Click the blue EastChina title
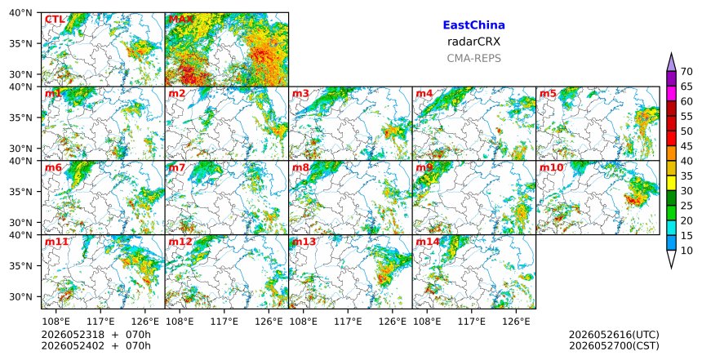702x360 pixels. (x=473, y=25)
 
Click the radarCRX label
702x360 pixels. (x=473, y=42)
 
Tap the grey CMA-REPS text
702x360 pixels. (x=473, y=58)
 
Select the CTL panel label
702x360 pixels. (x=55, y=20)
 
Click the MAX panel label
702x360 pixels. (x=181, y=20)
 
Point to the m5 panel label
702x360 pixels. (x=548, y=93)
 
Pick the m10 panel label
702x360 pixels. (x=551, y=167)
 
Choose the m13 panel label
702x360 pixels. (x=304, y=242)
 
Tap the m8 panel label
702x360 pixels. (x=300, y=167)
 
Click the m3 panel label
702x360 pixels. (x=300, y=93)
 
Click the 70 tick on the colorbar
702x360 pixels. (x=686, y=72)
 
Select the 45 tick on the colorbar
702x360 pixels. (x=686, y=146)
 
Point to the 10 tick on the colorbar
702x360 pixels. (x=686, y=251)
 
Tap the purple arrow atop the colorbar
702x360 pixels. (x=671, y=62)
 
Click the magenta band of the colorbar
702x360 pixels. (x=671, y=94)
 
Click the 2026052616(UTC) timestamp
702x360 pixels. (x=614, y=336)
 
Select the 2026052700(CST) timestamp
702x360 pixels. (x=614, y=346)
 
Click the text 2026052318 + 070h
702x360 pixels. (x=96, y=336)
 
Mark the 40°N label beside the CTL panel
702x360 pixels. (x=20, y=13)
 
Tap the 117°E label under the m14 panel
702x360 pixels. (x=473, y=322)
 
